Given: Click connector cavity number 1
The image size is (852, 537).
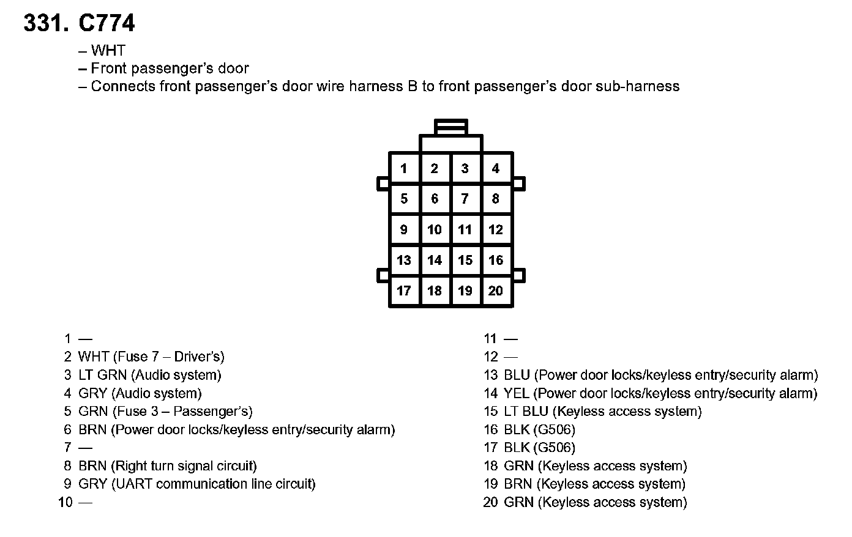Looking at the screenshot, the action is (404, 168).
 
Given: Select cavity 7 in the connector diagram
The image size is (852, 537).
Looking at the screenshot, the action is (465, 199).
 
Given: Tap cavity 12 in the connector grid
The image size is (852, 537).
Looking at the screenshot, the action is (496, 229).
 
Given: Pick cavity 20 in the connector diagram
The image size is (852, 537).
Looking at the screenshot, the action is (496, 291).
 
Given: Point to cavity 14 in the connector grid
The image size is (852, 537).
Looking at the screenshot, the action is (435, 260).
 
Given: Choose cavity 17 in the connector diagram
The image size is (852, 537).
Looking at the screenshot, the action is (404, 291).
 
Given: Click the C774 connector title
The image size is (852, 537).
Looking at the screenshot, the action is (106, 24).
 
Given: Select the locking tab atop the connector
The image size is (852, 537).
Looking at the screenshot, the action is (451, 127).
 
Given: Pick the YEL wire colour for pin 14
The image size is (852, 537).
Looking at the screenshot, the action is (516, 393).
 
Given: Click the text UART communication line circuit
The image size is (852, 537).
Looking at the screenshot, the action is (214, 484).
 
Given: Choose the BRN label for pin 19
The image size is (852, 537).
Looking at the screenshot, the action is (518, 484).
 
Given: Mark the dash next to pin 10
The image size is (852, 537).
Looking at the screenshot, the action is (85, 503).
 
